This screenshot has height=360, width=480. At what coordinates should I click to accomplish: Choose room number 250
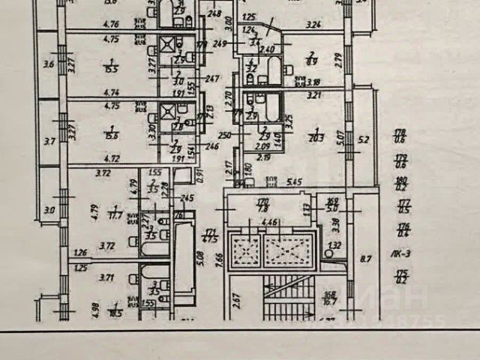[x=223, y=135]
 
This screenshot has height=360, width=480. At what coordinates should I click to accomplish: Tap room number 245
[x=187, y=198]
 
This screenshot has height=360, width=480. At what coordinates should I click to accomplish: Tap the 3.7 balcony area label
[x=49, y=139]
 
